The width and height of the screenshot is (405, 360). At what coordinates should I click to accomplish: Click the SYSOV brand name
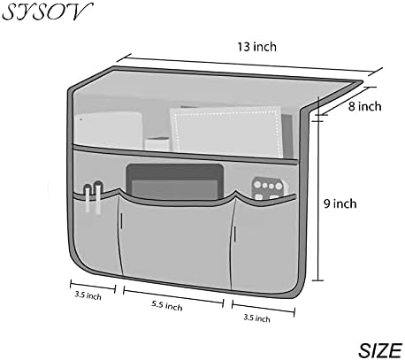(x=47, y=11)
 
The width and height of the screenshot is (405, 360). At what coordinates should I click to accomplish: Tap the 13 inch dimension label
(x=257, y=47)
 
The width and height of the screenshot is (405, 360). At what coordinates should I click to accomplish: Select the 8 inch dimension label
(x=365, y=106)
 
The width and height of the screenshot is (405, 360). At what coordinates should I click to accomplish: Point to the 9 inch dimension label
(x=340, y=203)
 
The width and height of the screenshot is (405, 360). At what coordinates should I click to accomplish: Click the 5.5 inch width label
(x=167, y=305)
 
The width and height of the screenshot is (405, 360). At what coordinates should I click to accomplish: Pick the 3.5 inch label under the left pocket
(x=88, y=295)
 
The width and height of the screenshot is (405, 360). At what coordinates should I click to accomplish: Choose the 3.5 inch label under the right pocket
(x=256, y=318)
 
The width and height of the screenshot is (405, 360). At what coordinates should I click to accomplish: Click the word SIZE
(x=380, y=350)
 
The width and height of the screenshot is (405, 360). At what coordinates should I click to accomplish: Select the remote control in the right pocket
(x=267, y=188)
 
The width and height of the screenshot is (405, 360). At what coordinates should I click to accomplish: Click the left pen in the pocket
(x=88, y=198)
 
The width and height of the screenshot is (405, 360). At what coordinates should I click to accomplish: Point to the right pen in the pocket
(x=98, y=197)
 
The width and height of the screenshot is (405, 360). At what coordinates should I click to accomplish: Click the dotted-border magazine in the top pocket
(x=226, y=131)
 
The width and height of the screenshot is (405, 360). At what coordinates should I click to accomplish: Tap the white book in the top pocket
(x=108, y=130)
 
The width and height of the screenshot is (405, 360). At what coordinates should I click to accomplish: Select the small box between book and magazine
(x=157, y=144)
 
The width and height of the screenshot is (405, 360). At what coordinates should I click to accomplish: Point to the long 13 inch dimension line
(x=249, y=65)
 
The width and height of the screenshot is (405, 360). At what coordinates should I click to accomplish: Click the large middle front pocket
(x=177, y=239)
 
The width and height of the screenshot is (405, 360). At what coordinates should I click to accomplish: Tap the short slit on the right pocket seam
(x=235, y=233)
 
